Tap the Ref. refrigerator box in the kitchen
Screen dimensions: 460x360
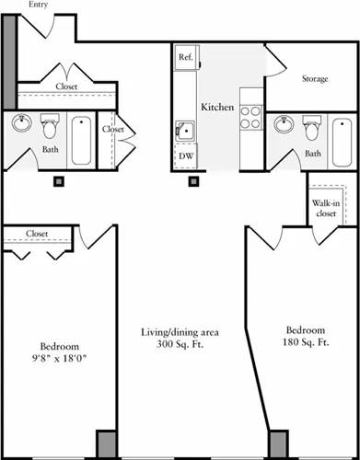click(x=186, y=56)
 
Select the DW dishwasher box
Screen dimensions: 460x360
click(x=186, y=156)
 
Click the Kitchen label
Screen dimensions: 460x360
click(x=217, y=108)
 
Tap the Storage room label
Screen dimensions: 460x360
click(x=315, y=79)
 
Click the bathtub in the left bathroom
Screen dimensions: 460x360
click(x=82, y=139)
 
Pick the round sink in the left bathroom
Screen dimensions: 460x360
click(x=22, y=124)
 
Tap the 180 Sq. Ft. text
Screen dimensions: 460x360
click(x=305, y=343)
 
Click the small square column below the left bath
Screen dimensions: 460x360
click(x=59, y=181)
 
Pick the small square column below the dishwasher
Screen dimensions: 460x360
click(x=194, y=181)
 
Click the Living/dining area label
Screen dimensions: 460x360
click(x=171, y=331)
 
